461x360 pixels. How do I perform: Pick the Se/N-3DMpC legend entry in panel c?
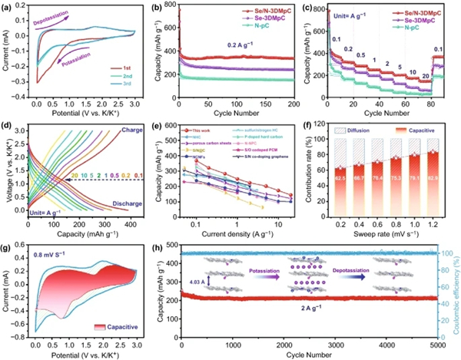[x=426, y=12]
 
